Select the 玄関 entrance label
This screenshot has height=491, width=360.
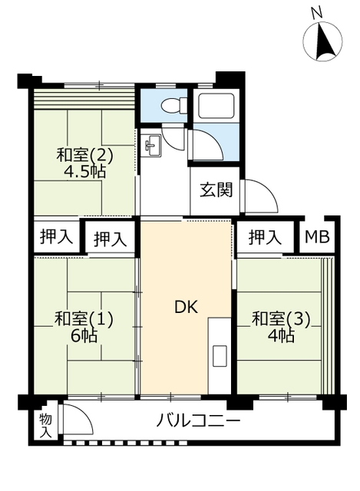click(216, 190)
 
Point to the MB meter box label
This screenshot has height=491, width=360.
click(319, 237)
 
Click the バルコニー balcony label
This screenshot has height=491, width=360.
click(198, 422)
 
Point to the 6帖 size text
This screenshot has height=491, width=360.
click(84, 335)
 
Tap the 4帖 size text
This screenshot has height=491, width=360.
click(282, 335)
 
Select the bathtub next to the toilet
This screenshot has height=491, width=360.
click(216, 106)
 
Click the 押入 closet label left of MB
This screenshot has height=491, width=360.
click(265, 237)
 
